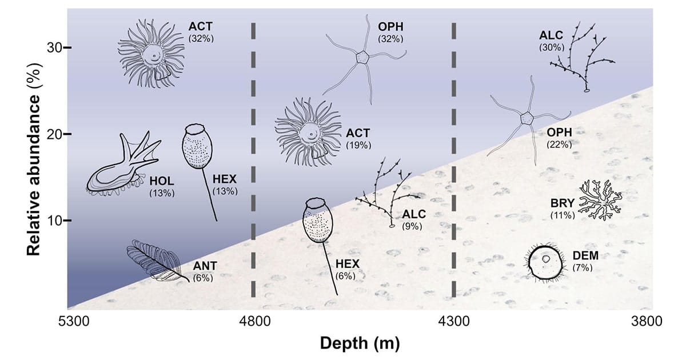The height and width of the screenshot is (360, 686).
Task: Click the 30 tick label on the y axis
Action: pyautogui.click(x=54, y=48)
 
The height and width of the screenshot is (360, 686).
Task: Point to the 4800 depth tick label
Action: pyautogui.click(x=255, y=322)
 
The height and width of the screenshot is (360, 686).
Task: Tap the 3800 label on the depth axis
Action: pyautogui.click(x=647, y=322)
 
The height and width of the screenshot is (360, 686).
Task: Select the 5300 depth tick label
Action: pyautogui.click(x=74, y=322)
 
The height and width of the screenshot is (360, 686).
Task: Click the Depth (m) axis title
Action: pyautogui.click(x=360, y=343)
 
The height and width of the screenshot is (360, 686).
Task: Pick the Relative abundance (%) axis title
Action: pyautogui.click(x=34, y=159)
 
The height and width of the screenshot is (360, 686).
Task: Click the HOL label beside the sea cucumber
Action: pyautogui.click(x=162, y=181)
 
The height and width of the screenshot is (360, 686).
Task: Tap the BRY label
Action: pyautogui.click(x=563, y=203)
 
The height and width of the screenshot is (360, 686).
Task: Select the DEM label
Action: pyautogui.click(x=585, y=255)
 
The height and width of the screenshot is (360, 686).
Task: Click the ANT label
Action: pyautogui.click(x=205, y=266)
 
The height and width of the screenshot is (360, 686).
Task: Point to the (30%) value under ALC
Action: pyautogui.click(x=552, y=48)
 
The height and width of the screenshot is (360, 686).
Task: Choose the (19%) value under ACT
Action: pyautogui.click(x=358, y=145)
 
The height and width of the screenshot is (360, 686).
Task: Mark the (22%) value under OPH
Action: pyautogui.click(x=559, y=145)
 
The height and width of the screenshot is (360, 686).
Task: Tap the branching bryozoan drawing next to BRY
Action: pyautogui.click(x=600, y=201)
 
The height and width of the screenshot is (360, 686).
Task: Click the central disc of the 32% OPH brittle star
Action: pyautogui.click(x=363, y=57)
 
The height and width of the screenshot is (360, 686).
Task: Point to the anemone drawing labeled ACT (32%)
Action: pyautogui.click(x=151, y=54)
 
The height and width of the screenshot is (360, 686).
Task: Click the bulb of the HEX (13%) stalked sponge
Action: pyautogui.click(x=197, y=147)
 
